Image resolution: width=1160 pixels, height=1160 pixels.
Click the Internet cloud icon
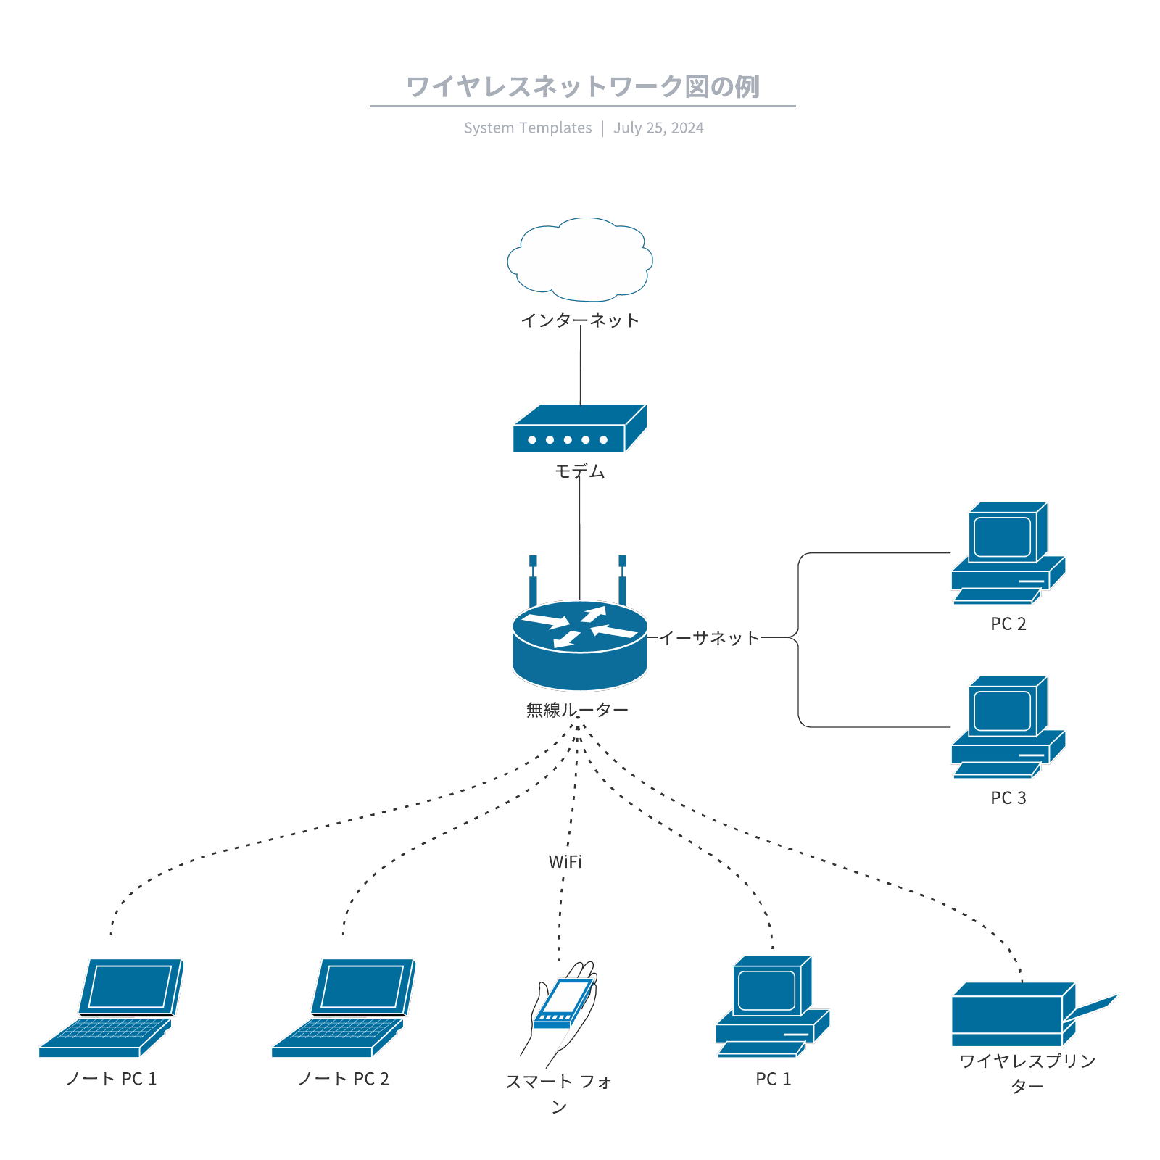click(x=580, y=260)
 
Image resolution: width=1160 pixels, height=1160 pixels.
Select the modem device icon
click(x=579, y=430)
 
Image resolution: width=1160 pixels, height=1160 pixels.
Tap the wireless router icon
click(x=579, y=645)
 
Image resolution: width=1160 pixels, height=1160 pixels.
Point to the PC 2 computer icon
click(x=1008, y=553)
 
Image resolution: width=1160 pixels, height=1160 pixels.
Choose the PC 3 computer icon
click(x=1008, y=727)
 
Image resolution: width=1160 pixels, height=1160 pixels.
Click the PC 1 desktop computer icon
click(x=772, y=1006)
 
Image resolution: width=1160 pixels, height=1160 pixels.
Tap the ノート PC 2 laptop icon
click(x=344, y=1008)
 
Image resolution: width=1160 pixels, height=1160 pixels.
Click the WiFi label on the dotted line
click(x=565, y=861)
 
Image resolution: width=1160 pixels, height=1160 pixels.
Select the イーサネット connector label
click(x=708, y=638)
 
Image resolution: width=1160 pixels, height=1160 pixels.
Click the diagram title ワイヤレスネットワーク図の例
click(x=582, y=87)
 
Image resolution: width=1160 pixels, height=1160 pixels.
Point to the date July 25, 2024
click(x=658, y=128)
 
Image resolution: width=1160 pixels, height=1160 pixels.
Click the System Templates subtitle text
click(x=528, y=128)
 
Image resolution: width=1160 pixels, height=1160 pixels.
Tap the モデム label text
click(x=579, y=471)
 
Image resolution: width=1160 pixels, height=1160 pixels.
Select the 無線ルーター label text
click(x=577, y=710)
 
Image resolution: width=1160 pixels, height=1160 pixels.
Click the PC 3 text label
click(x=1008, y=797)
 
